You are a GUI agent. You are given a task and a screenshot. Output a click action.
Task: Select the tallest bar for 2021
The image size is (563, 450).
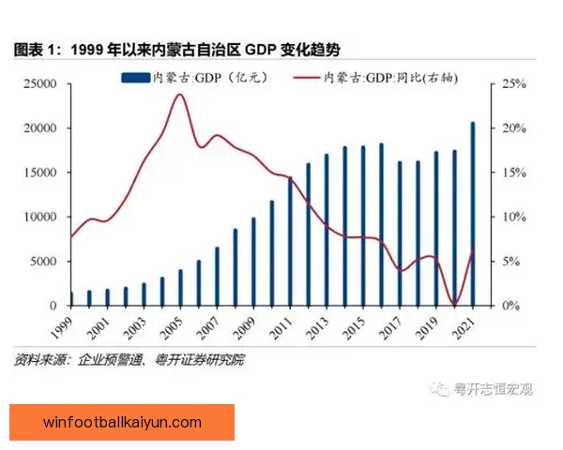[x=472, y=214]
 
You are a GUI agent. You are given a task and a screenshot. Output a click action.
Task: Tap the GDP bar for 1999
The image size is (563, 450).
[x=71, y=299]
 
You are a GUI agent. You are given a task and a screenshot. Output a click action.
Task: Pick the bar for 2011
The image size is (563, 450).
[x=291, y=241]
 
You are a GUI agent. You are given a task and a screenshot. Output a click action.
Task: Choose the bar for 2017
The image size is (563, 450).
[x=400, y=233]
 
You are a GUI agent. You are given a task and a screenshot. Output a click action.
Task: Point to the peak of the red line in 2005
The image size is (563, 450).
[x=180, y=94]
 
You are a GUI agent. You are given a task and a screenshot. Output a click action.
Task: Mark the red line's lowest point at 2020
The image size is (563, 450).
[x=454, y=305]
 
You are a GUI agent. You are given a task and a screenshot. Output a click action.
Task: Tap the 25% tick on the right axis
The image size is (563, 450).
[x=515, y=84]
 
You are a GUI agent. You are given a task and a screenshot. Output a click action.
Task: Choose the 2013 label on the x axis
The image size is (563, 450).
[x=319, y=327]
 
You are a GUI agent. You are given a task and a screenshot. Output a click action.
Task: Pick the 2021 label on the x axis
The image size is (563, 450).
[x=464, y=327]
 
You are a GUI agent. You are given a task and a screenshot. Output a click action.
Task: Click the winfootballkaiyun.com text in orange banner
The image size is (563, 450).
[x=122, y=422]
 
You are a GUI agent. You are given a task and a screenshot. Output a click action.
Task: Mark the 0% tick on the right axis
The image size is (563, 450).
[x=512, y=306]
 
